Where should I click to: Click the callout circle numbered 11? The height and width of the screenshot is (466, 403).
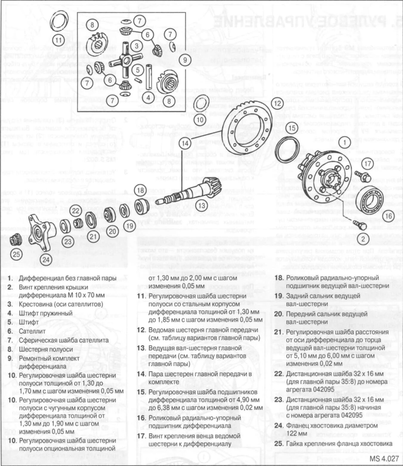point(59,41)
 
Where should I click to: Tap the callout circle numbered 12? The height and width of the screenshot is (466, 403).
point(278,103)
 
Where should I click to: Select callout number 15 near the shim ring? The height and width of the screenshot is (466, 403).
point(292,128)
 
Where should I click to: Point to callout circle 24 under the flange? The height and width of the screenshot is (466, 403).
point(46,259)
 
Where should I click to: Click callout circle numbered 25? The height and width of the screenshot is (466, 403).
point(16,254)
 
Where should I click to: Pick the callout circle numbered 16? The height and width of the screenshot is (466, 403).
point(388,216)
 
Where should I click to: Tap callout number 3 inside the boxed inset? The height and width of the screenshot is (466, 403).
point(137,46)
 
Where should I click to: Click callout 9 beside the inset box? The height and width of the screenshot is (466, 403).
point(185,60)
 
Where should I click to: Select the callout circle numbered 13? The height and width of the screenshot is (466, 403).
point(202,205)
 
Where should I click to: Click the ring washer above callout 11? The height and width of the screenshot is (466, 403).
point(58,21)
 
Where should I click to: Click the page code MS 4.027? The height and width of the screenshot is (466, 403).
point(384,459)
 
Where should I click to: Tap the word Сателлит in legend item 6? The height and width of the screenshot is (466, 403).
point(32,331)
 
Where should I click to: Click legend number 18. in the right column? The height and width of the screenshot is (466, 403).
point(279,278)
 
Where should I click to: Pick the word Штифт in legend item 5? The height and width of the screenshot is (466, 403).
point(29,322)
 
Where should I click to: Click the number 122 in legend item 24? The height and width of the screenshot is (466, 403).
point(293,434)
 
